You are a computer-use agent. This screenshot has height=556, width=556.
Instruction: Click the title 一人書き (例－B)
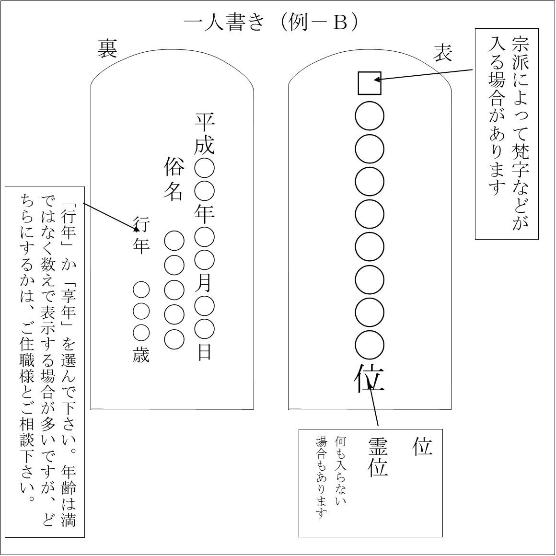272,23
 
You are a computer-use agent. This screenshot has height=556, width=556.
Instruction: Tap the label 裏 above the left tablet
107,48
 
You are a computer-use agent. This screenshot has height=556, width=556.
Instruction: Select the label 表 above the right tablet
442,53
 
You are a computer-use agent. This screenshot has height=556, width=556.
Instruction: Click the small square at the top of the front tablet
370,83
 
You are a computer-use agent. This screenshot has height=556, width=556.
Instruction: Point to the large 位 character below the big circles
370,379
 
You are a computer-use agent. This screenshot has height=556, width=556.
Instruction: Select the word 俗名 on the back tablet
174,179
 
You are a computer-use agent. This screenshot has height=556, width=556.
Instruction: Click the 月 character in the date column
205,283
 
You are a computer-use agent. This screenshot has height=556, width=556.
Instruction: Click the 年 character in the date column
205,215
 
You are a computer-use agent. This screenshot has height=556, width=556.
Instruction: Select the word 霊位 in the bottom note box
378,457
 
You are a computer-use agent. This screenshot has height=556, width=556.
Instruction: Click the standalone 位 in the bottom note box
422,446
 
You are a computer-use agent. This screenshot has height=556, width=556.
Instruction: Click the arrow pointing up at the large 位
374,404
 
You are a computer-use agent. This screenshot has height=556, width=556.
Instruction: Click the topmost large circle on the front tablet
370,116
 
